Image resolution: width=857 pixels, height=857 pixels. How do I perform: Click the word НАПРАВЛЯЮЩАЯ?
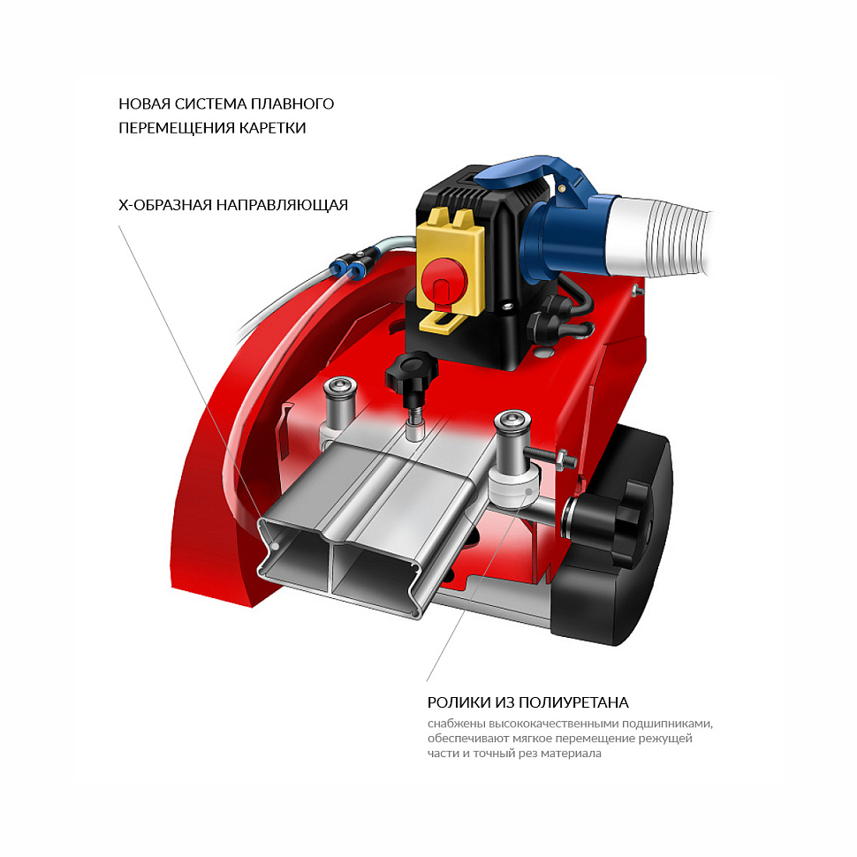coord(282,205)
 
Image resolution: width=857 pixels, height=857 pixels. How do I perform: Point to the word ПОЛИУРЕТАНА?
coord(573,702)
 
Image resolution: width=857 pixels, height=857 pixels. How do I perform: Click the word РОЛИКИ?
coord(459,702)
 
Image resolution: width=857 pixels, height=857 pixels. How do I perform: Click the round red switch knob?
coord(444,282)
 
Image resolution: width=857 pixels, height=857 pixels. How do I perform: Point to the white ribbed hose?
coord(658,235)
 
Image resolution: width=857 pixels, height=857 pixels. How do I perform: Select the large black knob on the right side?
coord(615,525)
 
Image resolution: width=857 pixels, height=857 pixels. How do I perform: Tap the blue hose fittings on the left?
coord(347,267)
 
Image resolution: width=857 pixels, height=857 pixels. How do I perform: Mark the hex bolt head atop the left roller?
coord(340,385)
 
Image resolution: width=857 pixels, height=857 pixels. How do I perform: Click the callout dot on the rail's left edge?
coord(276,546)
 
